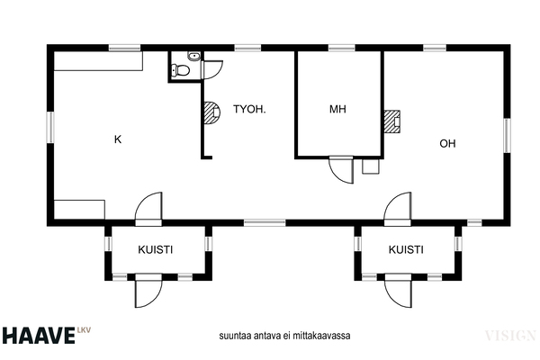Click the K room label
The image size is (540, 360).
pos(118,139)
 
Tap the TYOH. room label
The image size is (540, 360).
pos(249,109)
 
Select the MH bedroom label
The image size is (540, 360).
pos(337,109)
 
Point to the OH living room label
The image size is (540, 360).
pos(447,143)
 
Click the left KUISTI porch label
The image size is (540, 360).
pos(156,249)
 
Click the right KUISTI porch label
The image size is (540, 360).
pos(406,249)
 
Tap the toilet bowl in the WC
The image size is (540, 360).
pos(181,70)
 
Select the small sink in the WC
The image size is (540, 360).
pos(193,56)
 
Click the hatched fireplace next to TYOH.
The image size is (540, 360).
pos(211,112)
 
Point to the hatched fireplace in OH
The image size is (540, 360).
pos(391,121)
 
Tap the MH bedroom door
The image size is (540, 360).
pos(342,170)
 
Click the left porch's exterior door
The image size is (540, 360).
pos(148,292)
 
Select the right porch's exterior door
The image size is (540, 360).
pos(399,292)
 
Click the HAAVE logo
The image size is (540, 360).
pos(38,336)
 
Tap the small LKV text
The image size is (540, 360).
pos(84,330)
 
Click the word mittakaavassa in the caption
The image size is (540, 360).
pos(321,336)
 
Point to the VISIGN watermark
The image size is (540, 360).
pos(510,335)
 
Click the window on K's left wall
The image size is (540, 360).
pos(50,127)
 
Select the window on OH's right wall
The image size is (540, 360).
pos(507,135)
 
